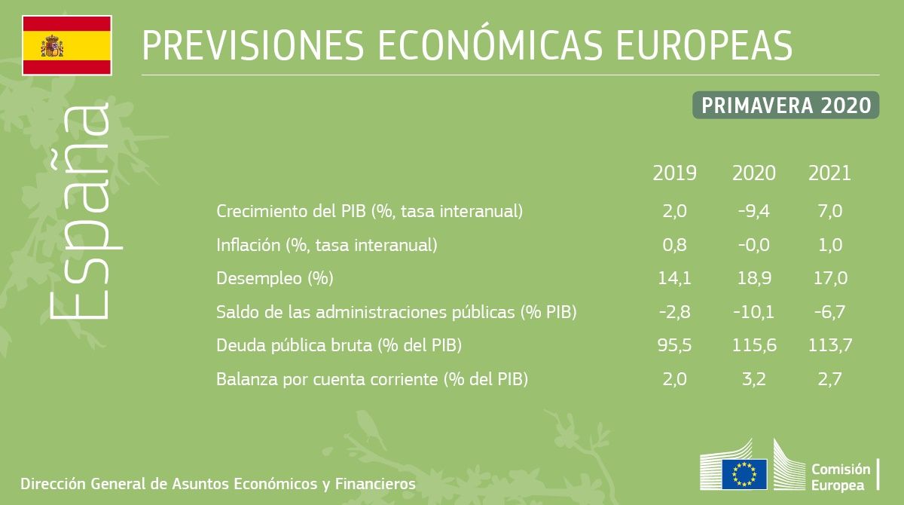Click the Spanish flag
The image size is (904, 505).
[67, 45]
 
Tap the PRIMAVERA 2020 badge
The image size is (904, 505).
[786, 106]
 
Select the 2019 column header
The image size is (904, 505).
[674, 174]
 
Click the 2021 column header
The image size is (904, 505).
[829, 174]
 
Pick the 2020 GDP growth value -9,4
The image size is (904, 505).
[753, 212]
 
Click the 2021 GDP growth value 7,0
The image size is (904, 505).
[829, 212]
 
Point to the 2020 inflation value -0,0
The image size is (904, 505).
[753, 245]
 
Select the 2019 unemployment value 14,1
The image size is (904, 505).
[674, 278]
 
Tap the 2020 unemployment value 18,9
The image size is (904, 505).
[753, 278]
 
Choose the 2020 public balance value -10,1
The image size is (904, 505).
[753, 312]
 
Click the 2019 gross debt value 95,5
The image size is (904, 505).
[674, 346]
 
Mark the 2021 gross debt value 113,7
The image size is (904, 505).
[829, 346]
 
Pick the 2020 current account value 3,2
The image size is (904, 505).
[753, 379]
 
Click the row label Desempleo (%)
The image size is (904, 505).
[274, 278]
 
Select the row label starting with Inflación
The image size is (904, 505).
[326, 245]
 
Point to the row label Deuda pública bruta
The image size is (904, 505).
[338, 346]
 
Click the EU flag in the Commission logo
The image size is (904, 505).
[744, 473]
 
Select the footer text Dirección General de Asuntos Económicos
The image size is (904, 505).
[218, 483]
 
